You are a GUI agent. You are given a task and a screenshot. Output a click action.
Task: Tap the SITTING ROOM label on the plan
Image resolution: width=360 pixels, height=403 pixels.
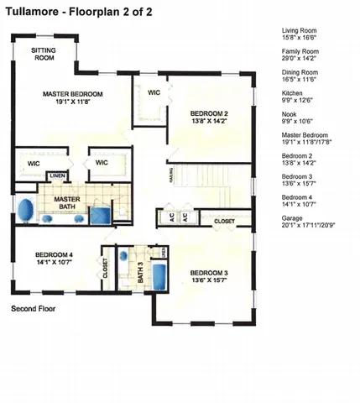44,55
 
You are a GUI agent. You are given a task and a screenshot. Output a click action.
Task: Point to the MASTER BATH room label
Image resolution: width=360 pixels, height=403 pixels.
66,204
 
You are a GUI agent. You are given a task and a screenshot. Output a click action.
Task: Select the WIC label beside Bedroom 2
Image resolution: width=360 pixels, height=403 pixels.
154,92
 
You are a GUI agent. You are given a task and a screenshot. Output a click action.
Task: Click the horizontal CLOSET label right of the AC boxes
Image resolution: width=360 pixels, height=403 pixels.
224,221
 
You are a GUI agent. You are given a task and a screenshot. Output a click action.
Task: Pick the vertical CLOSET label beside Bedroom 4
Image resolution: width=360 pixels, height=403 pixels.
105,267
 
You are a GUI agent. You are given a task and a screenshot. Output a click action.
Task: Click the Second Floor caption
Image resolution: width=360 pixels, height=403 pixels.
34,310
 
